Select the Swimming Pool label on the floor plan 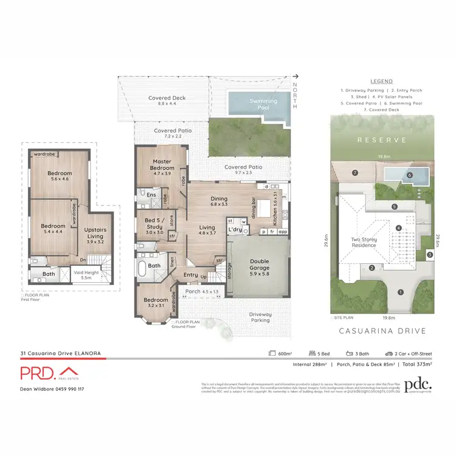coord(263,104)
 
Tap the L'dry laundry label coord(235,230)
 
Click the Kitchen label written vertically coord(275,210)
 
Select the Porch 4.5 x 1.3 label coord(201,291)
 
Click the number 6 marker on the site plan coord(410,176)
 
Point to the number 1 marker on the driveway coord(399,292)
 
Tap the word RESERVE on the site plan coord(381,140)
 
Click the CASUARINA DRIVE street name coord(381,331)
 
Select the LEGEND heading coord(381,81)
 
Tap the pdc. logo coord(418,385)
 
